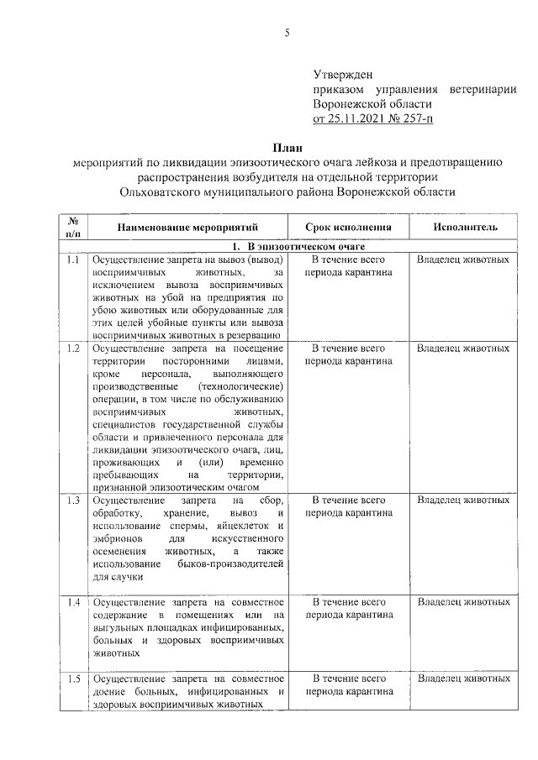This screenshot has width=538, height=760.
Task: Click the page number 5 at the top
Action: (287, 34)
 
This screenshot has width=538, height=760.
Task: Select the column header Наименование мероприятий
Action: (187, 227)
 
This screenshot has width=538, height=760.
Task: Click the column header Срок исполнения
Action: (348, 227)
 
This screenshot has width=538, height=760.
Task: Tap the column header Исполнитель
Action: (464, 227)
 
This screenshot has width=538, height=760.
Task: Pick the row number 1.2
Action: (73, 348)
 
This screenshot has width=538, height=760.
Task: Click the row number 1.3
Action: (73, 501)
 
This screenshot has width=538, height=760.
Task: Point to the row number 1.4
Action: (73, 603)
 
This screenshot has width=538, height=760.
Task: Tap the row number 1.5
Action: (73, 679)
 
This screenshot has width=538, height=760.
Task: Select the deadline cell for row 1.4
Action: (348, 609)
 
